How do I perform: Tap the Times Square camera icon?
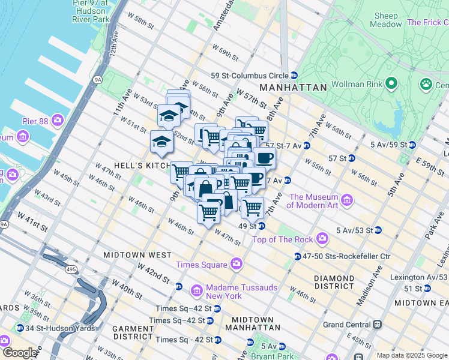coord(237,264)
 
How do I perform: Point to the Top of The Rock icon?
coord(323,239)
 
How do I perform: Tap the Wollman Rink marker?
coord(391,82)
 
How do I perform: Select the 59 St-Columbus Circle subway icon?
coord(294,76)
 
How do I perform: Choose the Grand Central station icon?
coord(377,325)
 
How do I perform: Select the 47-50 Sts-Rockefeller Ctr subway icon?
coord(298,257)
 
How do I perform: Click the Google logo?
coord(19,353)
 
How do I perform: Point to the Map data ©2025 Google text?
coord(411,355)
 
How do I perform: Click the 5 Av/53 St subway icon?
coord(378,230)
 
